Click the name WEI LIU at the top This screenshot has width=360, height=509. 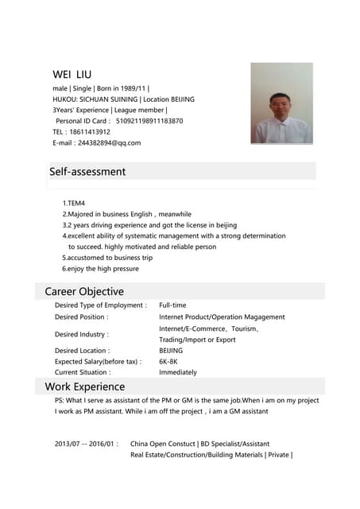[72, 74]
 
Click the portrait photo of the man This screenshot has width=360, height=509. [281, 103]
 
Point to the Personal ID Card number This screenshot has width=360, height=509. [149, 121]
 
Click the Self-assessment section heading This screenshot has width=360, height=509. [87, 171]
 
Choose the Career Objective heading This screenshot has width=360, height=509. [84, 291]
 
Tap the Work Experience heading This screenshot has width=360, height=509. [85, 387]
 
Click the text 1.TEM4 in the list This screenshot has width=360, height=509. [73, 204]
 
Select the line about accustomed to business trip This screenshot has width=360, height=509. [107, 258]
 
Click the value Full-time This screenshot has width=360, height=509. [172, 305]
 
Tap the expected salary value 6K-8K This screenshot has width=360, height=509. [168, 361]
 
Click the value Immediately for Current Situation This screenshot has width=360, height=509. [178, 372]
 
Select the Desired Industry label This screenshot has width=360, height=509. [81, 334]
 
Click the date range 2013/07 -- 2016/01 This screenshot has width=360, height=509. [87, 443]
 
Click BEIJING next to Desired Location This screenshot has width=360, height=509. [171, 350]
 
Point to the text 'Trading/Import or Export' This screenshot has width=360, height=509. [197, 340]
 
